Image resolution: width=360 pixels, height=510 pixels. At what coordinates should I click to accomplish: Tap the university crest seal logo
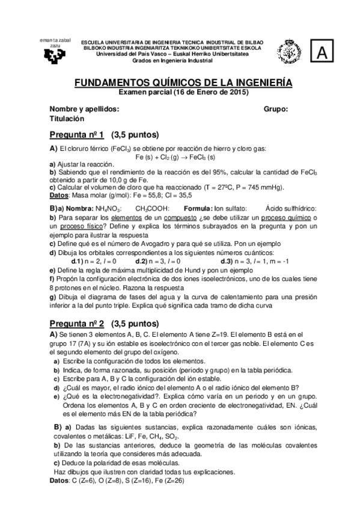coord(287,52)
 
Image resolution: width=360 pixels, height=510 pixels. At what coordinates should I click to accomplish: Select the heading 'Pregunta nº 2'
coord(76,322)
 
